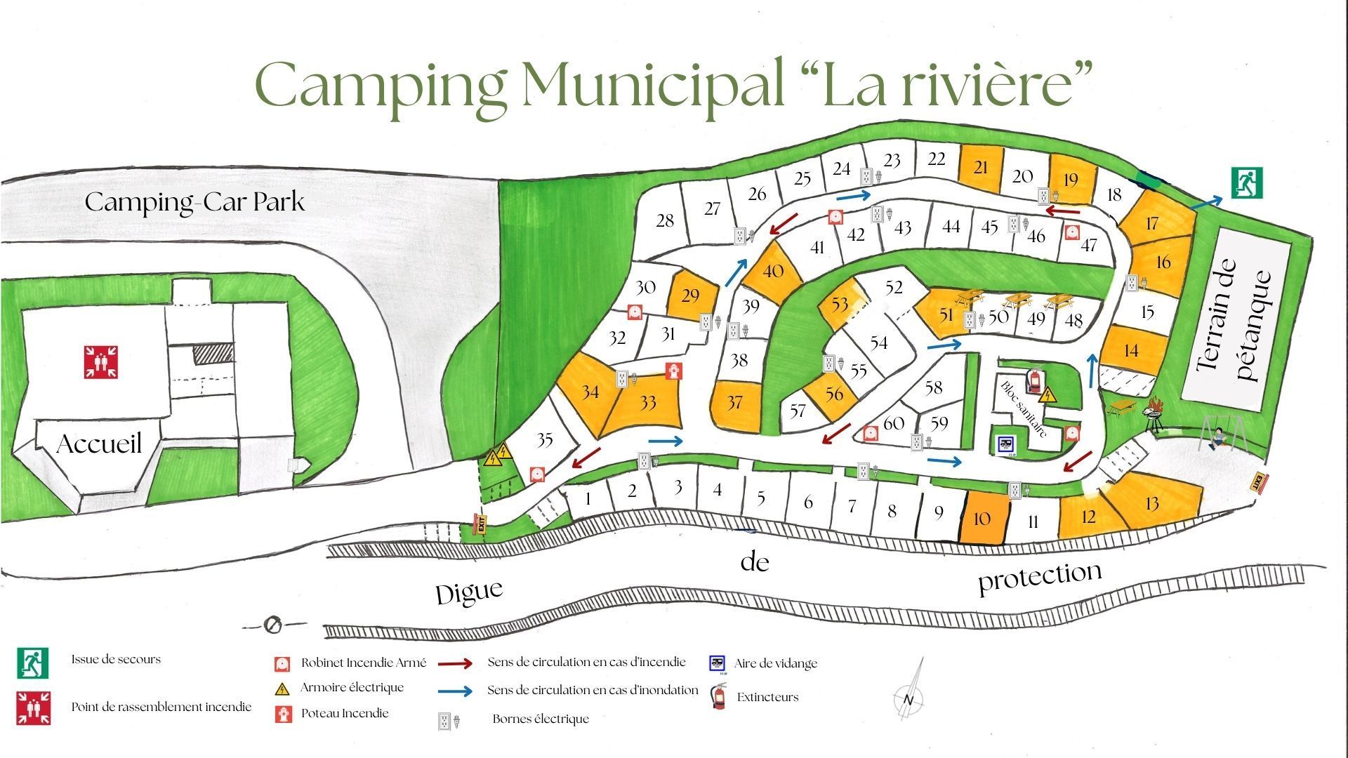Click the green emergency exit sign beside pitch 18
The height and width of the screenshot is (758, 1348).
pyautogui.click(x=1247, y=182)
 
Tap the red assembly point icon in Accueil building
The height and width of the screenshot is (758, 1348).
pyautogui.click(x=100, y=361)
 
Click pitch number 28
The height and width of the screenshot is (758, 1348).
pyautogui.click(x=664, y=221)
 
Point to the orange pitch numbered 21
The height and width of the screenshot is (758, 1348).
pyautogui.click(x=981, y=168)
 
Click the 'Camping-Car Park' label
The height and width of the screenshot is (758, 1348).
pyautogui.click(x=195, y=203)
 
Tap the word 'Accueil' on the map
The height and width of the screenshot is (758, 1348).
pyautogui.click(x=99, y=444)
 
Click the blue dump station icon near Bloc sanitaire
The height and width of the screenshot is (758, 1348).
pyautogui.click(x=1005, y=445)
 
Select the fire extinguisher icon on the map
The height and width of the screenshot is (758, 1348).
pyautogui.click(x=1034, y=380)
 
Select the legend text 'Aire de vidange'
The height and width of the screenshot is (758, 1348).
pyautogui.click(x=776, y=663)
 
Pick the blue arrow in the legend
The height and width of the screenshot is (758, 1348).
pyautogui.click(x=455, y=691)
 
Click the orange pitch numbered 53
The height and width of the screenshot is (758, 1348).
pyautogui.click(x=840, y=304)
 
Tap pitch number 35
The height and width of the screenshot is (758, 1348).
pyautogui.click(x=545, y=440)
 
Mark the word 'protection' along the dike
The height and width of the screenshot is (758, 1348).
pyautogui.click(x=1040, y=577)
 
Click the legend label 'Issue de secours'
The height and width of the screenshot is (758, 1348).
pyautogui.click(x=116, y=660)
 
